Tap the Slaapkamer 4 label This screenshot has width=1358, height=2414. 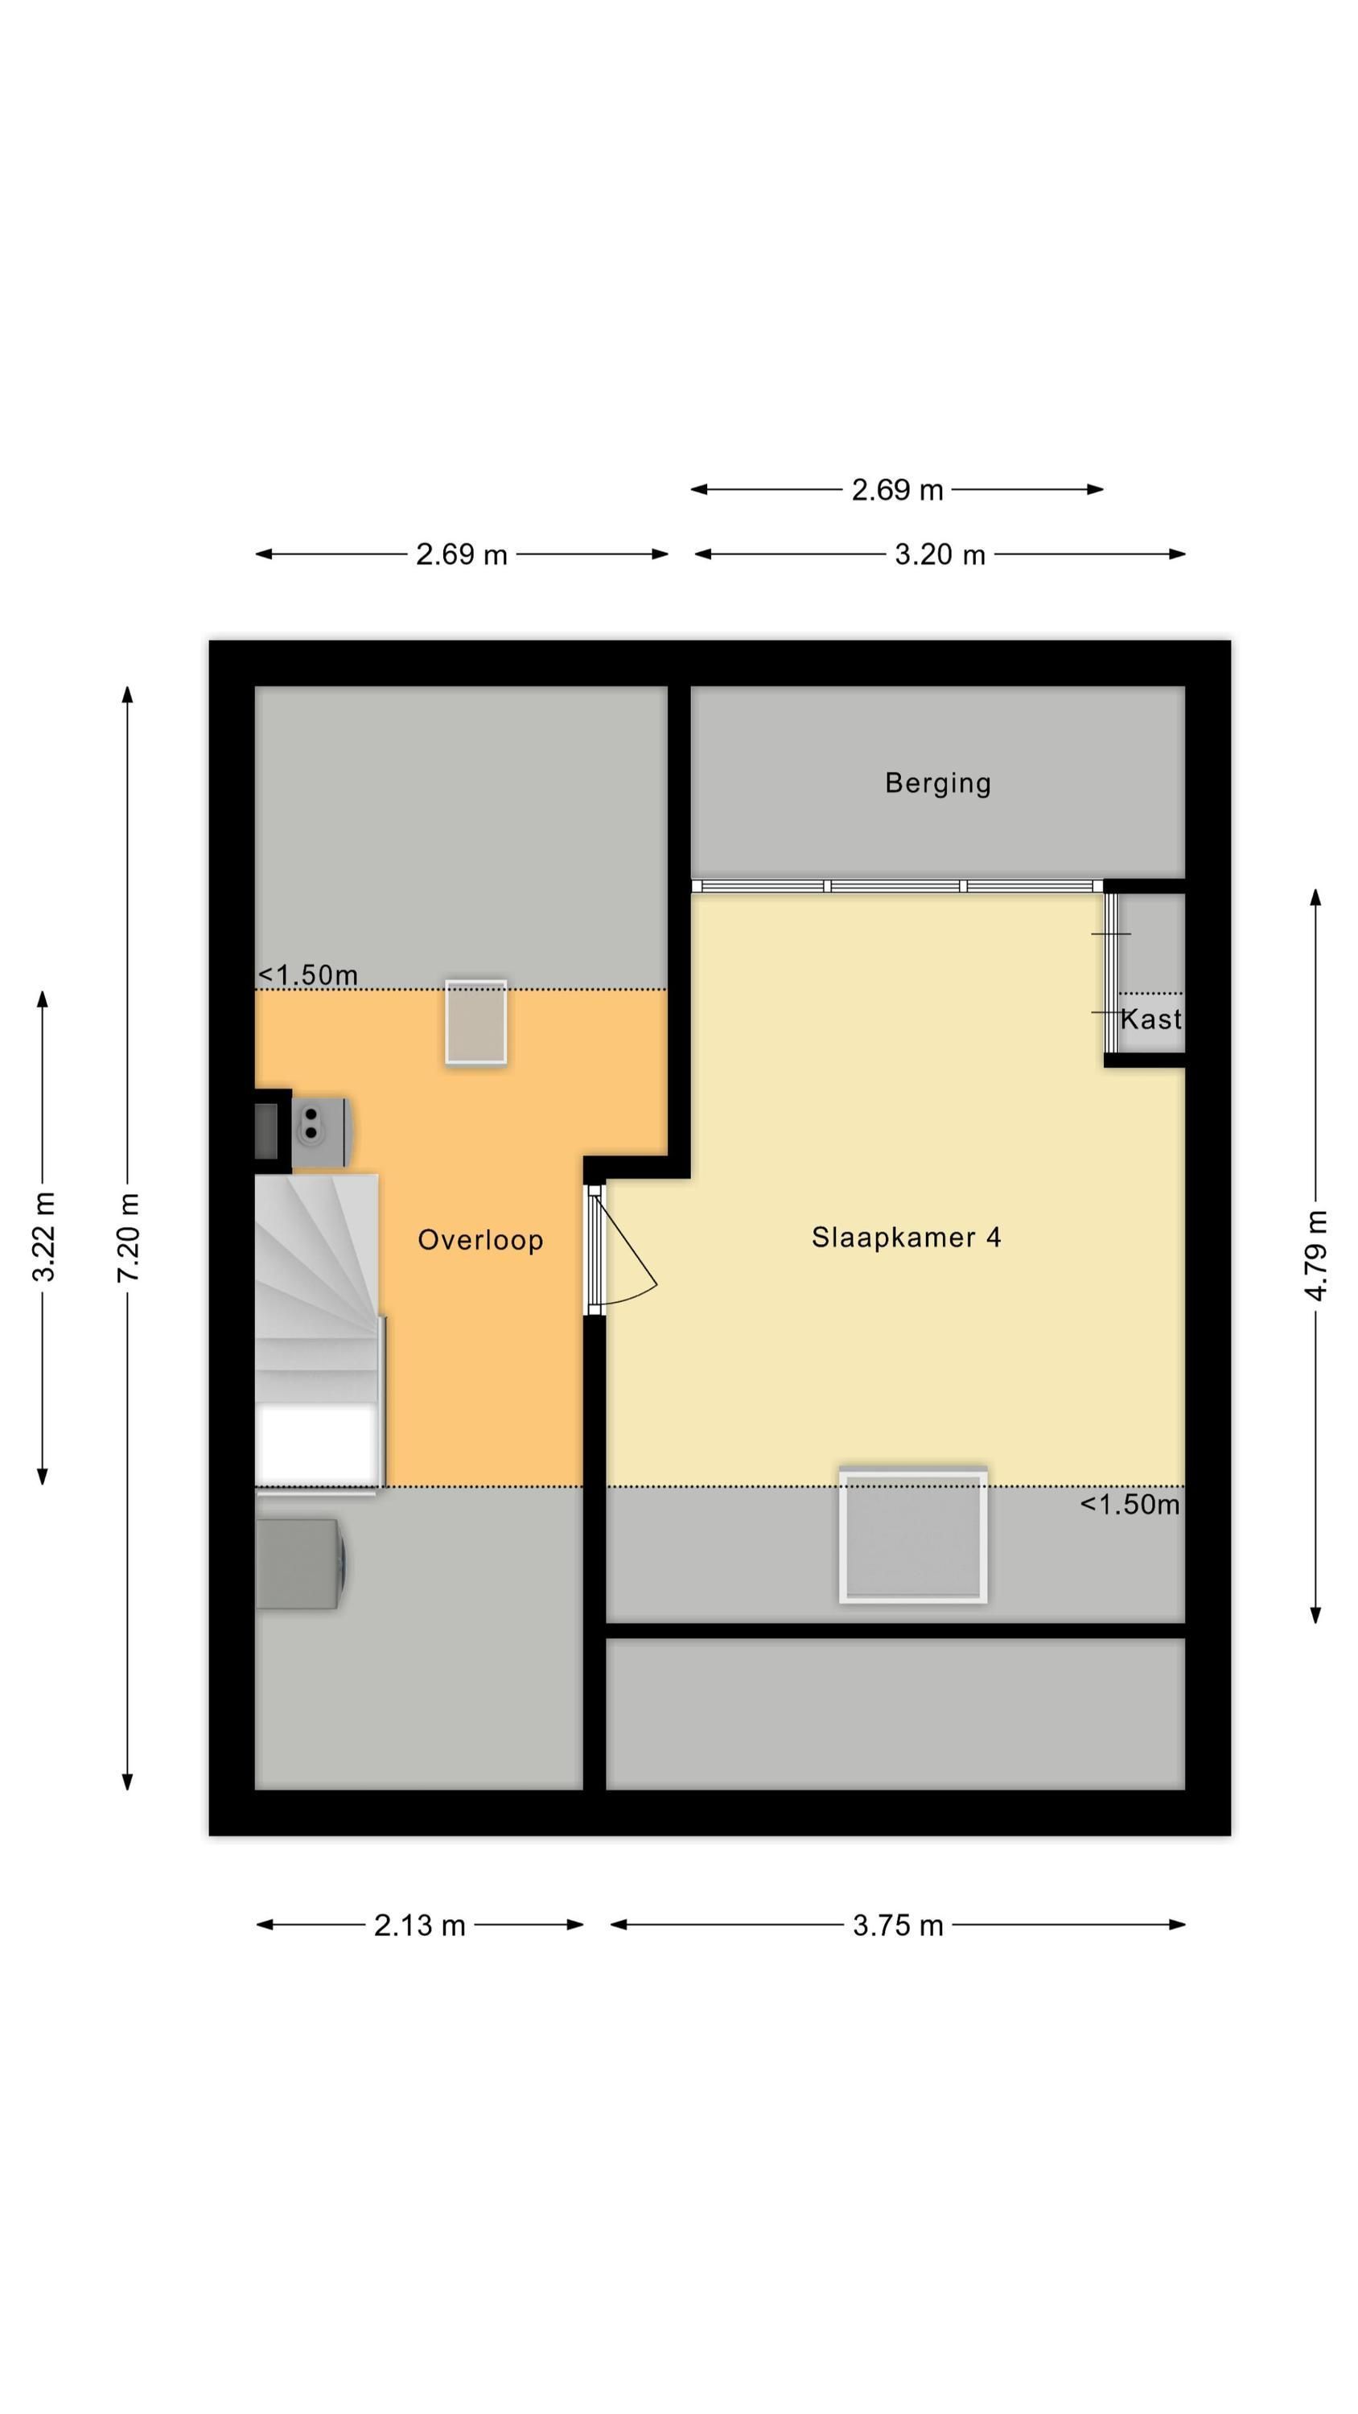coord(906,1238)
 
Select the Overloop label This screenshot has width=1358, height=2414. coord(479,1240)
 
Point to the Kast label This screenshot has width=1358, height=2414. coord(1151,1020)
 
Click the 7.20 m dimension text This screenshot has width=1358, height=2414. coord(129,1237)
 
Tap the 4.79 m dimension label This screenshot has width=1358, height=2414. coord(1316,1256)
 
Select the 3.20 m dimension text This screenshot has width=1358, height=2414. coord(939,554)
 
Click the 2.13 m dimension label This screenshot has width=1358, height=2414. coord(419,1925)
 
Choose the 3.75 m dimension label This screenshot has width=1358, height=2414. coord(897,1925)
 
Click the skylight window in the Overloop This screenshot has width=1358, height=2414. coord(476,1021)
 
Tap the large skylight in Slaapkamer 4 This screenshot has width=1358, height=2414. coord(913,1536)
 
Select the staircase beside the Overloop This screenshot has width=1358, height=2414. coord(319,1330)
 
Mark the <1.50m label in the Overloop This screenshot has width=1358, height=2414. coord(307,975)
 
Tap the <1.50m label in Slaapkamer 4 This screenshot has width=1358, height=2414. coord(1130,1505)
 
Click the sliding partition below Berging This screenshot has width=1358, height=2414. coord(897,886)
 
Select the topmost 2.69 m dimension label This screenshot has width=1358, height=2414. coord(897,490)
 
